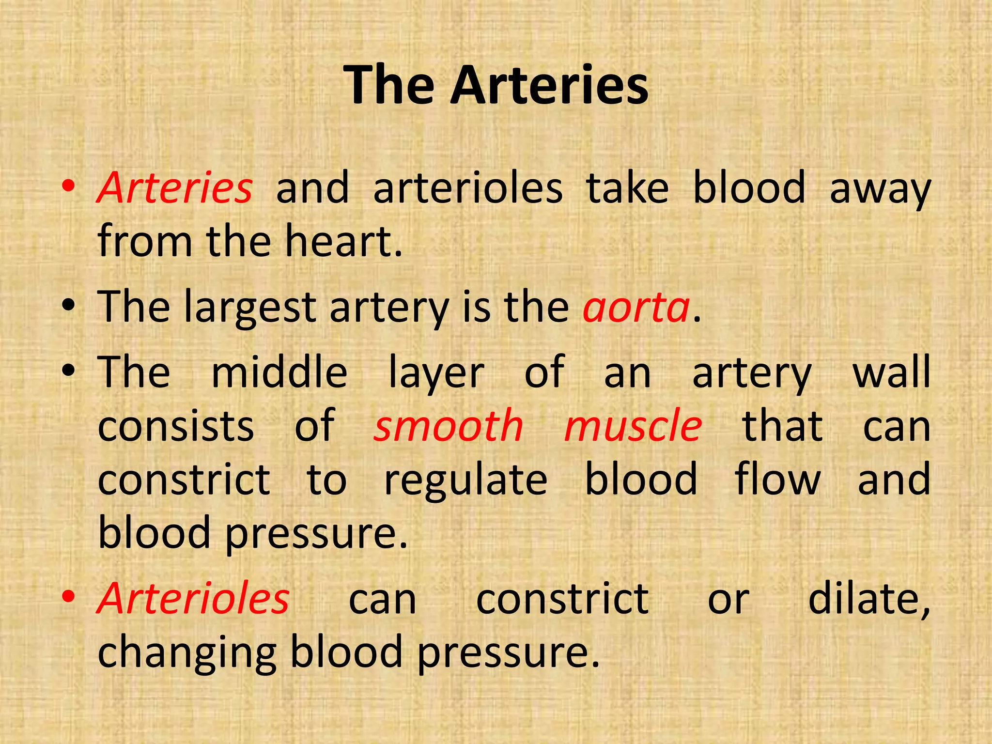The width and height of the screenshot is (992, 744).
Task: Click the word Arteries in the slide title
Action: [549, 86]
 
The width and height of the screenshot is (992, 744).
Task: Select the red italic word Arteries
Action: [174, 188]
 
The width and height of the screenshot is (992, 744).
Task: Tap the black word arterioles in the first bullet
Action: [468, 188]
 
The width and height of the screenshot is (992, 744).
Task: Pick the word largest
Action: [250, 309]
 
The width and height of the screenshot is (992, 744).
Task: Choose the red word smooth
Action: [448, 426]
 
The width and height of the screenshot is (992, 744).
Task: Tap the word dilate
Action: [869, 600]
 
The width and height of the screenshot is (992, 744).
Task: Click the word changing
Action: [187, 654]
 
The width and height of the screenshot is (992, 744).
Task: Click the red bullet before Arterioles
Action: [69, 597]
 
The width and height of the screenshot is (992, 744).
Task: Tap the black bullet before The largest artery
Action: [69, 306]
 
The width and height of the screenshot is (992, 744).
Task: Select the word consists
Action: [176, 427]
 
